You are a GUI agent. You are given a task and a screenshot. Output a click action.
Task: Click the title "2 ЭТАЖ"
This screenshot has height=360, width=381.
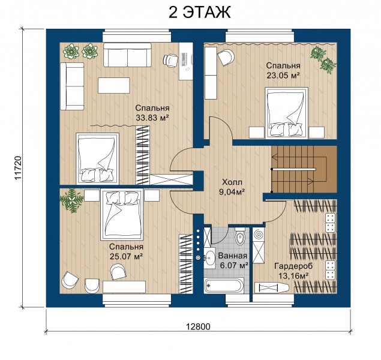click(x=199, y=13)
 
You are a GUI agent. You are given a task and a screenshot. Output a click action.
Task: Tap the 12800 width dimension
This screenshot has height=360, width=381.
click(x=198, y=326)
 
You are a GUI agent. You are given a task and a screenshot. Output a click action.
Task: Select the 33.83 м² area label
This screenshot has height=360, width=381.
click(x=152, y=118)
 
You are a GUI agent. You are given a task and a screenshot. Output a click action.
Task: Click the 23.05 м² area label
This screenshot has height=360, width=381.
click(x=283, y=76)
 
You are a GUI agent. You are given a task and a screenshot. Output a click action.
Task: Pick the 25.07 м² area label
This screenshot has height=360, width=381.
click(x=126, y=257)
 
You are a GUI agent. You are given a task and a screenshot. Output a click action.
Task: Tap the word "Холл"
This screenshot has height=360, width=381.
click(x=232, y=182)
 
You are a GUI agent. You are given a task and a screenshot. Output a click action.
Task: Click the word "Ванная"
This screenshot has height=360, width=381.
click(x=233, y=256)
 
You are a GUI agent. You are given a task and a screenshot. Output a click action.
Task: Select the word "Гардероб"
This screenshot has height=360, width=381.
click(x=293, y=266)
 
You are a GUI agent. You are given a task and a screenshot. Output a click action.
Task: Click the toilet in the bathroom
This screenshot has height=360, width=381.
click(x=240, y=235)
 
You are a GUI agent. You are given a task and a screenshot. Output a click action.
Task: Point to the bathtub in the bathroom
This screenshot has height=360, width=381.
click(x=223, y=286)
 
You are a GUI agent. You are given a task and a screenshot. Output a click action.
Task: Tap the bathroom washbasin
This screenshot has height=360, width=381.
click(x=209, y=258)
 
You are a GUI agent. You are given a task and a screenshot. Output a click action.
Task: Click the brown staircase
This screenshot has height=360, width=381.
click(x=304, y=169)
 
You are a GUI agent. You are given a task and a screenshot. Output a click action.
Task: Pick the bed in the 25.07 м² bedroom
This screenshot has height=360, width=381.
click(x=122, y=214)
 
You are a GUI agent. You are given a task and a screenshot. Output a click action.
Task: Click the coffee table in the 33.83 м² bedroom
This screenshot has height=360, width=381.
click(x=114, y=85)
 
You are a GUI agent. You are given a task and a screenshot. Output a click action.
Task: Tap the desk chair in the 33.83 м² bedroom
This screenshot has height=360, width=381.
click(x=170, y=61)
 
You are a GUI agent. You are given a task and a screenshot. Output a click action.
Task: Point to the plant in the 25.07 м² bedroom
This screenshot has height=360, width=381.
click(x=71, y=200)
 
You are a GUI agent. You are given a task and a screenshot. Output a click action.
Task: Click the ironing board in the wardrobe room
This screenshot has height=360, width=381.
click(x=272, y=288)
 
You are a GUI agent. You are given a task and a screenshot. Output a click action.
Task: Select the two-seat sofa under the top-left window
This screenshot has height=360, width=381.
click(x=127, y=55)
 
